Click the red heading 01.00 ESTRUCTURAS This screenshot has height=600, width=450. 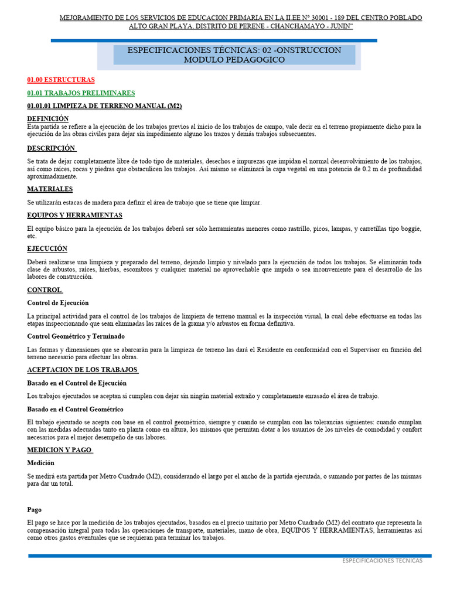(61, 80)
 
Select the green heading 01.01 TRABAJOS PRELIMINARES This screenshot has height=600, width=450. (81, 93)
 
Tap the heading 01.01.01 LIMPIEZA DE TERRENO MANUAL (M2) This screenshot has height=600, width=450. (104, 106)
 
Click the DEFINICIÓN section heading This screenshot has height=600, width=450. (48, 119)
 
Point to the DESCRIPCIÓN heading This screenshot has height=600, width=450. (52, 148)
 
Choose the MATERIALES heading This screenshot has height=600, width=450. (50, 189)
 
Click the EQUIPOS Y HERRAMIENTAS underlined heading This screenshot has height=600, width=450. (74, 216)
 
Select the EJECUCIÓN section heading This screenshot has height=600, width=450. (47, 249)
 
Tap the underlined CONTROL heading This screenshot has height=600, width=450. (45, 290)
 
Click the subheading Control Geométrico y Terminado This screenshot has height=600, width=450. (76, 336)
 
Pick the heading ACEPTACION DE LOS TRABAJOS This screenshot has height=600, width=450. (82, 370)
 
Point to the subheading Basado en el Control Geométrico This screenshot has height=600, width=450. (75, 409)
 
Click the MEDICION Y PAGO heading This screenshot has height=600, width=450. (60, 450)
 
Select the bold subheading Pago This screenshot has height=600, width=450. (34, 510)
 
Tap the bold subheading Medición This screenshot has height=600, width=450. (41, 463)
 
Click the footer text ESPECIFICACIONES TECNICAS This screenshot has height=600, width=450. (382, 561)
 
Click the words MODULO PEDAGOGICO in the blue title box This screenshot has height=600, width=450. (234, 60)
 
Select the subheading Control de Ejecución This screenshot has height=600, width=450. (58, 303)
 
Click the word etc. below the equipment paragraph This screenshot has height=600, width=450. (32, 236)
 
